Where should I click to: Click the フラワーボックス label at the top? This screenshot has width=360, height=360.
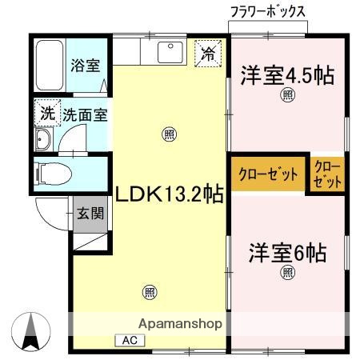click(x=267, y=12)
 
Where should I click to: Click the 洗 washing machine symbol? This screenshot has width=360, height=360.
click(x=47, y=113)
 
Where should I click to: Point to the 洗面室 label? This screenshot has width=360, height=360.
click(x=86, y=114)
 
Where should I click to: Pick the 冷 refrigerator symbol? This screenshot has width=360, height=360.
click(x=208, y=54)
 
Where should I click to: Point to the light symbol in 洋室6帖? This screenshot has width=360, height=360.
click(x=287, y=274)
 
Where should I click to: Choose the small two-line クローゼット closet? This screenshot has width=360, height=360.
click(x=328, y=174)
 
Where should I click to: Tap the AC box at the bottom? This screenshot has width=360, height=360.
click(x=129, y=340)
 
